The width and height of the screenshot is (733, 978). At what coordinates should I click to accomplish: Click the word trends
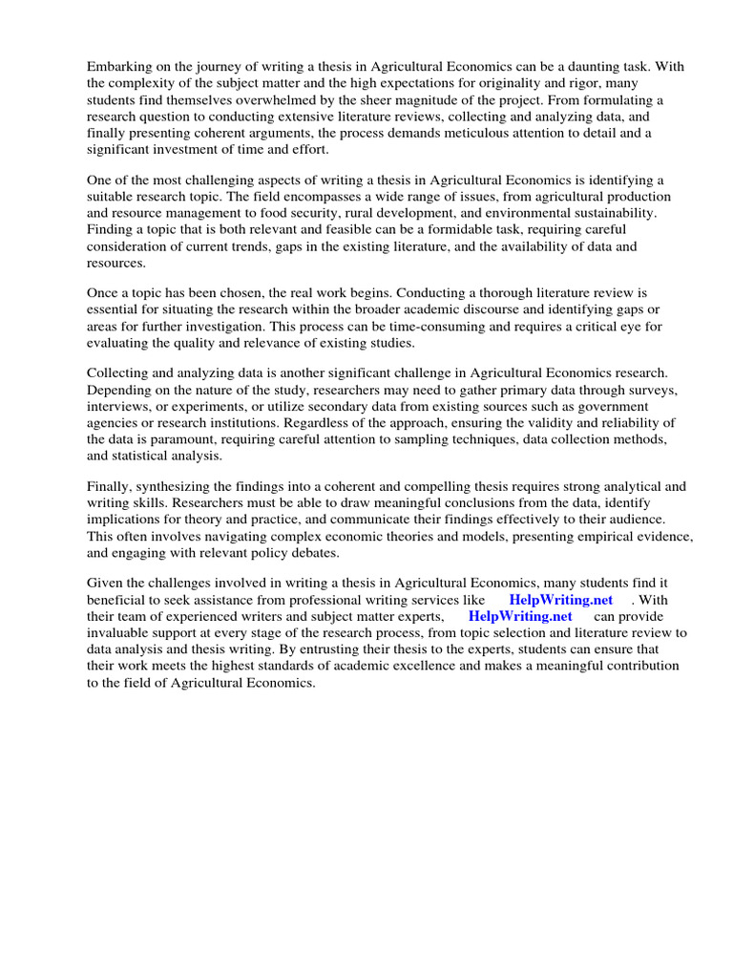pos(258,247)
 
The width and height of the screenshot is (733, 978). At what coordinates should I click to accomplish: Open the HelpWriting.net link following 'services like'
pos(561,600)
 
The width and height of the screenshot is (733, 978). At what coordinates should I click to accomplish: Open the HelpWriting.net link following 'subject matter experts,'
pos(520,616)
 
